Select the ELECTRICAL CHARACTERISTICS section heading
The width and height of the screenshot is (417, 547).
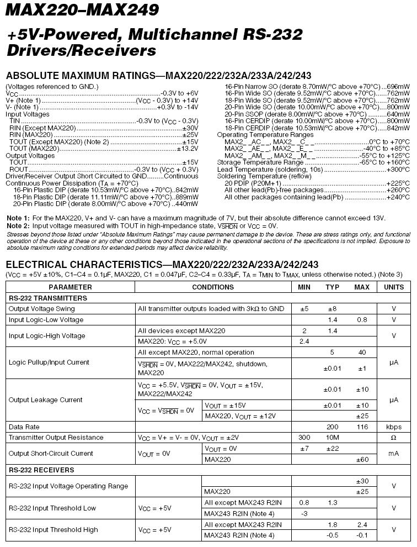tap(162, 264)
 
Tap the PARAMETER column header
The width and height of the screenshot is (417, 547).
tap(70, 287)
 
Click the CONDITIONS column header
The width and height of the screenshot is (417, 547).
tap(213, 287)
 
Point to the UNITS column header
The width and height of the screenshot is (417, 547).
tap(393, 287)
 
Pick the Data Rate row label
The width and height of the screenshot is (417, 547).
tap(24, 427)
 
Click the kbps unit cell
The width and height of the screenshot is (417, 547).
tap(393, 427)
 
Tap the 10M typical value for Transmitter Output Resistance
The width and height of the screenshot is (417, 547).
tap(332, 438)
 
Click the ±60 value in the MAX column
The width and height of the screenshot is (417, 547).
tap(362, 459)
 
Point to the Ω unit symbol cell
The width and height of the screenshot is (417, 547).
tap(393, 438)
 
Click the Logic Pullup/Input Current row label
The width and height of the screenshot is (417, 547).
tap(49, 362)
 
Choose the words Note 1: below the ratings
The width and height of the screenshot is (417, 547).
tap(18, 218)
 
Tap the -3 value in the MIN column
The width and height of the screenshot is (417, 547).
tap(303, 513)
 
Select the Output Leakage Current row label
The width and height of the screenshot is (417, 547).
tap(46, 399)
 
